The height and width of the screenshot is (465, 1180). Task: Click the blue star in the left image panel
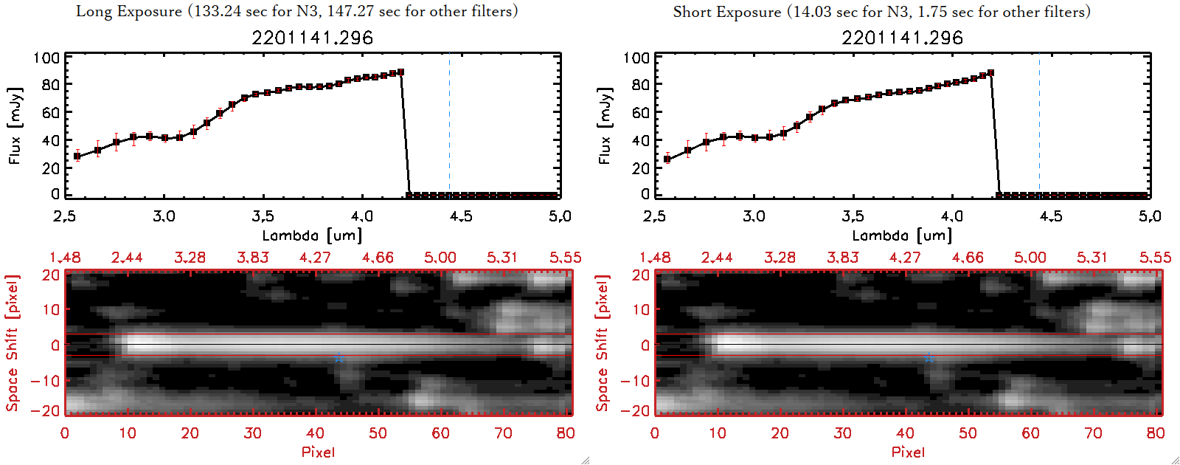point(339,357)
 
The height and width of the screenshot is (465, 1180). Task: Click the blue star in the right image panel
point(929,357)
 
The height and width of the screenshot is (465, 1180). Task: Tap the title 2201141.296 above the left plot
point(313,38)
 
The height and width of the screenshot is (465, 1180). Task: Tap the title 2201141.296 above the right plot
point(903,38)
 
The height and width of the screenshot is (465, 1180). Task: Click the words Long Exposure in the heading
point(129,11)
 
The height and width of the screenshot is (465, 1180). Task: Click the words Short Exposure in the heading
point(726,12)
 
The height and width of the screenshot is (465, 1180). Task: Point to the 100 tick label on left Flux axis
point(46,58)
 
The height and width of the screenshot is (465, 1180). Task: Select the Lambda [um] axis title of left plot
point(312,235)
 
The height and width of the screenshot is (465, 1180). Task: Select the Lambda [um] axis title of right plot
point(902,235)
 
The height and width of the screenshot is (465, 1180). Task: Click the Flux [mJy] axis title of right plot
point(605,126)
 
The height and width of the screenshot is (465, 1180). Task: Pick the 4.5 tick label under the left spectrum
point(461,216)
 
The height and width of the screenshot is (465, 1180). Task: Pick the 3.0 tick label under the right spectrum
point(754,216)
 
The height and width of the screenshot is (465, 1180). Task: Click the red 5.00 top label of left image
point(440,258)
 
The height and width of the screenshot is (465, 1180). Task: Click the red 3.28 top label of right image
point(780,258)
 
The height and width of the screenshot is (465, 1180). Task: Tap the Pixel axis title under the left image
point(318,452)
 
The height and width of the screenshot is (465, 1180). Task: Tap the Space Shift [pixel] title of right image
point(603,343)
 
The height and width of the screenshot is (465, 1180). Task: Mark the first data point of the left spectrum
point(77,156)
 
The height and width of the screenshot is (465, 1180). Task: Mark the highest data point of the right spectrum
point(990,73)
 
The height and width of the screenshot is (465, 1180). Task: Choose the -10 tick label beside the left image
point(46,380)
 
